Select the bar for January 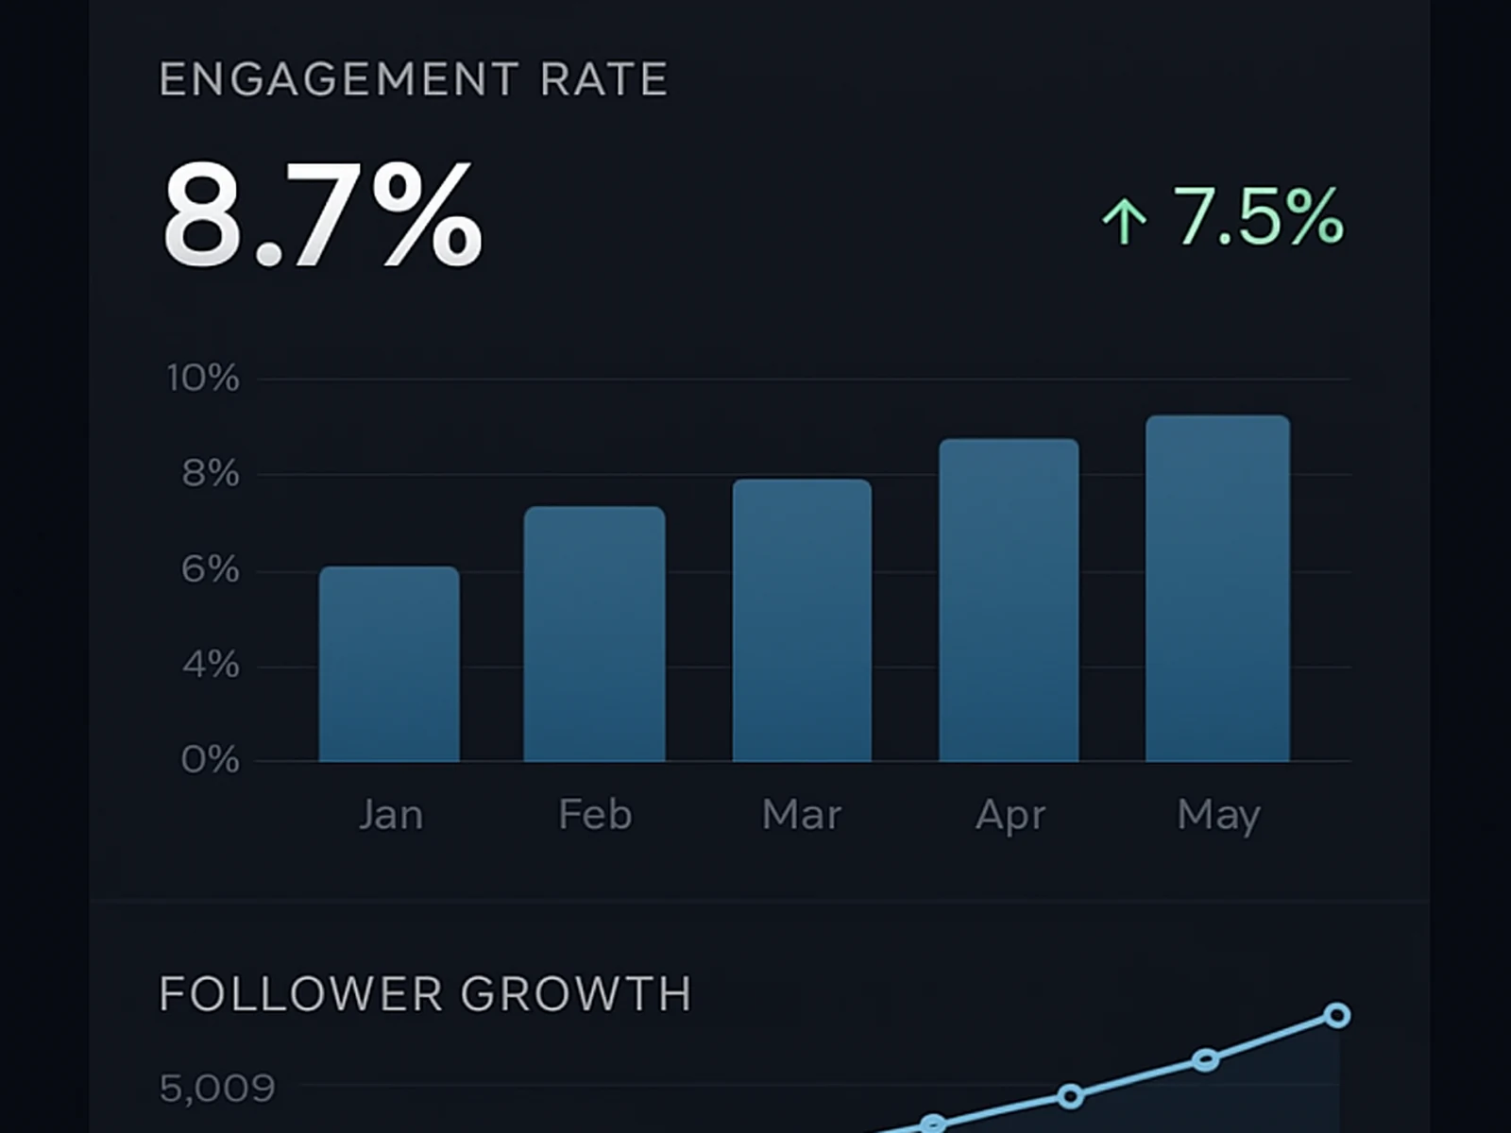pos(389,665)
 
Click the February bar pos(594,634)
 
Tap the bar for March pos(802,620)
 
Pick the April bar pos(1009,600)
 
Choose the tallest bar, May pos(1217,588)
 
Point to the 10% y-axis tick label pos(203,379)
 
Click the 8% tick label pos(211,474)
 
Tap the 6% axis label pos(211,570)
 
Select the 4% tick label pos(211,666)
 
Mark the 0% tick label pos(211,760)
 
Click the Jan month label pos(390,815)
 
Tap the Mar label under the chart pos(802,815)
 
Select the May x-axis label pos(1218,815)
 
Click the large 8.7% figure pos(322,216)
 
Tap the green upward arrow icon pos(1124,220)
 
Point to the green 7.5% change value pos(1258,216)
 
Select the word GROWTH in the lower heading pos(576,994)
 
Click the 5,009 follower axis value pos(217,1089)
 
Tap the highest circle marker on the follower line pos(1336,1016)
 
